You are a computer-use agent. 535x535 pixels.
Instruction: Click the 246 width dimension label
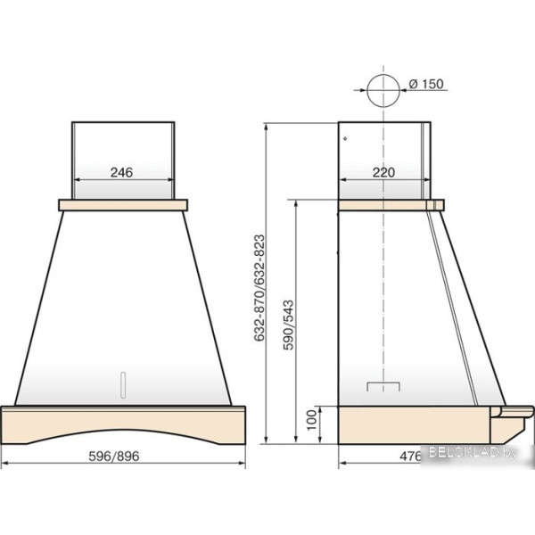[121, 172]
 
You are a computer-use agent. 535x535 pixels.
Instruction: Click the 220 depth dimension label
[383, 172]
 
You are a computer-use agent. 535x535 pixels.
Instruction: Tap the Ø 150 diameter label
[426, 84]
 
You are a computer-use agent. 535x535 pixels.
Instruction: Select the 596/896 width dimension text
[114, 456]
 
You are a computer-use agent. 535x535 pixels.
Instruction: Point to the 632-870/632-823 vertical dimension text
[259, 288]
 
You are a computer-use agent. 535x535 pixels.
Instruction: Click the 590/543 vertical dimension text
[288, 325]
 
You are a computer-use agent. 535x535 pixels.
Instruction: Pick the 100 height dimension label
[311, 420]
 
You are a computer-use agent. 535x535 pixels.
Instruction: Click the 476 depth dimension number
[411, 457]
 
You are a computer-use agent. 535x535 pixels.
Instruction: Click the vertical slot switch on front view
[123, 384]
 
